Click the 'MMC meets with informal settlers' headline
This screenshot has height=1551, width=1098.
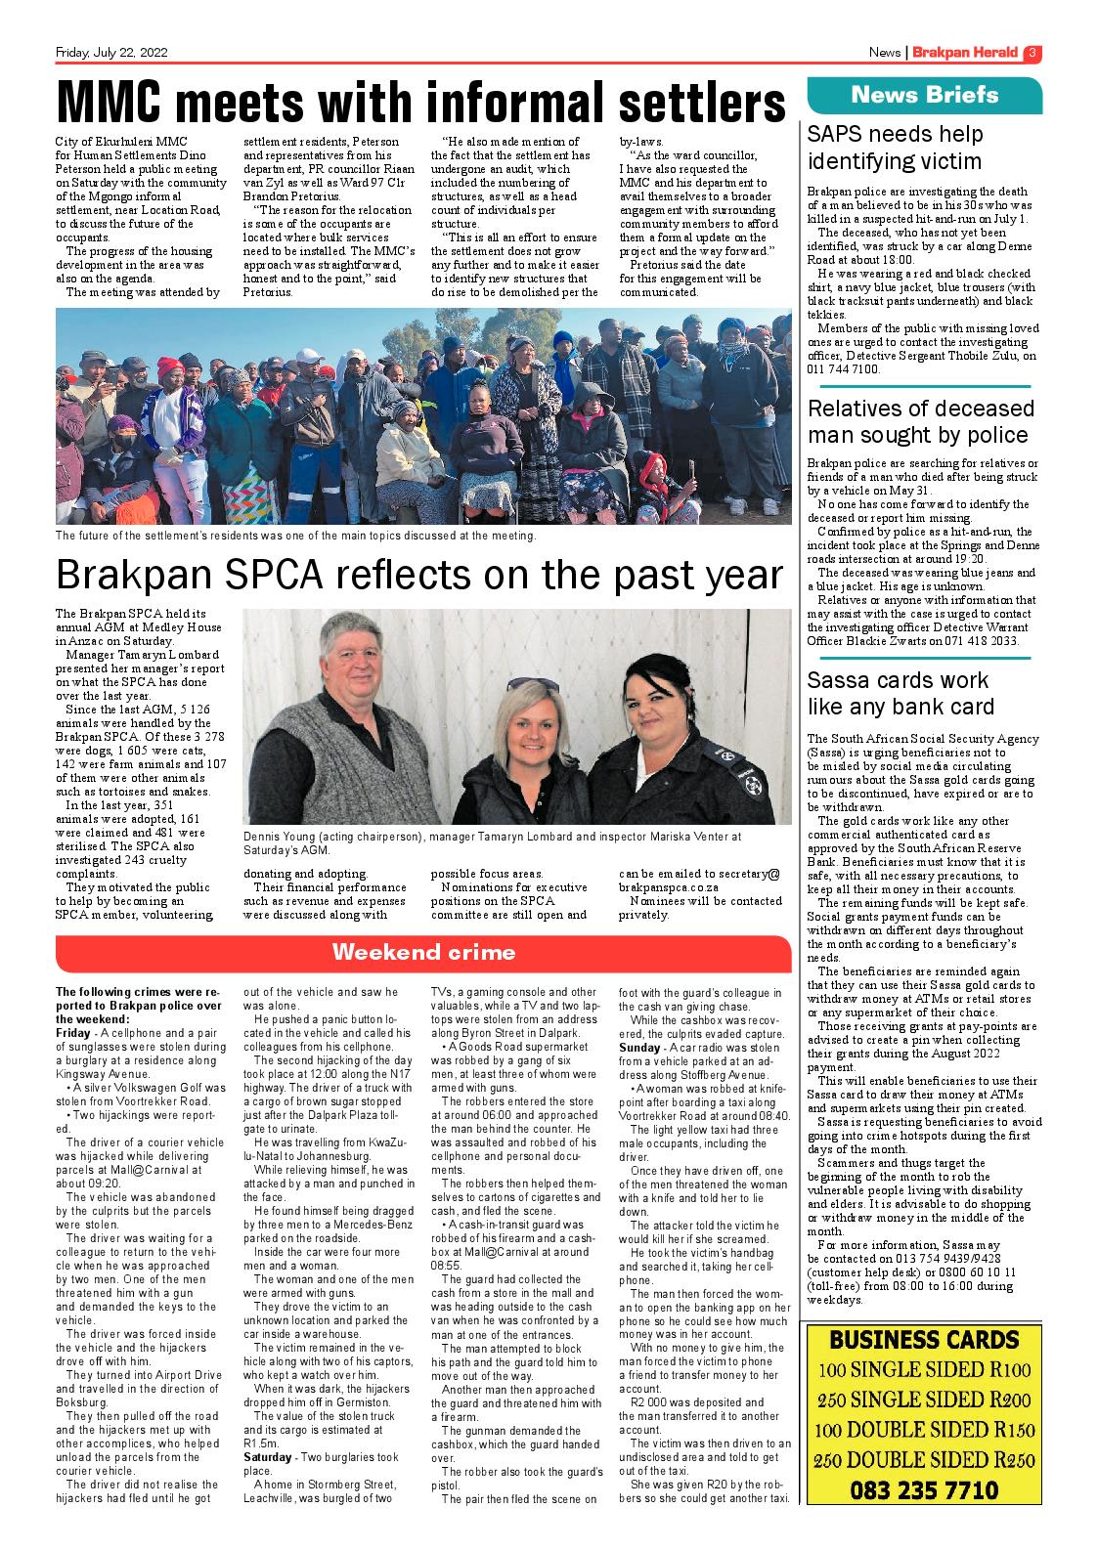(420, 102)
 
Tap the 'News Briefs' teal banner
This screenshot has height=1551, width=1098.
(924, 95)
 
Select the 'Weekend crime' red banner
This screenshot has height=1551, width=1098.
(423, 952)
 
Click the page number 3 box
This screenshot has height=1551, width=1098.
(1032, 53)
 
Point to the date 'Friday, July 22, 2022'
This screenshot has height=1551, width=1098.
(111, 53)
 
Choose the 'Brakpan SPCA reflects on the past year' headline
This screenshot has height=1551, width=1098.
(420, 575)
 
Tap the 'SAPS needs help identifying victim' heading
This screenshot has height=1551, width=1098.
(895, 148)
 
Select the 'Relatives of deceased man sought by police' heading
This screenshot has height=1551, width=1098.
(920, 421)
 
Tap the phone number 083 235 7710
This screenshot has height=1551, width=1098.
(924, 1489)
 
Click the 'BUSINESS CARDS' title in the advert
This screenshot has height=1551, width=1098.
(924, 1339)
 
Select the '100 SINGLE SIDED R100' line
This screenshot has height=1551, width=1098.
(924, 1369)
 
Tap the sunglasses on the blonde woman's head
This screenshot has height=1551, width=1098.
(533, 684)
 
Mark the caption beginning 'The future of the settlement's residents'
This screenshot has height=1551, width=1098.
(296, 536)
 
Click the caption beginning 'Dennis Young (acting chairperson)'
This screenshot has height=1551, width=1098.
(494, 843)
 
